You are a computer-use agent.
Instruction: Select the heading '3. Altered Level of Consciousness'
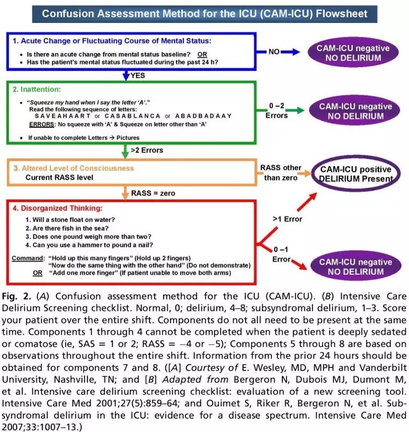pyautogui.click(x=73, y=167)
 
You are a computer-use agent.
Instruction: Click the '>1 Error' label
pyautogui.click(x=287, y=219)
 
